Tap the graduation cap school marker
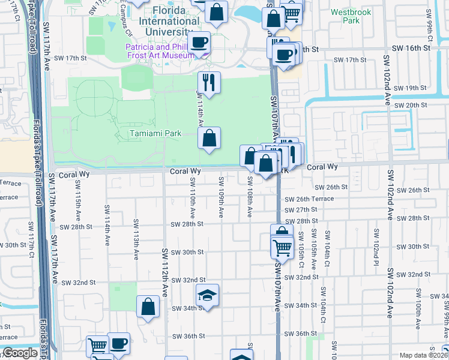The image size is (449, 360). (x=207, y=295)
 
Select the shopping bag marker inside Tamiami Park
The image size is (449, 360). (x=209, y=138)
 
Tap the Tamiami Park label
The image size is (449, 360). (x=155, y=133)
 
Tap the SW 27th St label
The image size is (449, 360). (x=301, y=209)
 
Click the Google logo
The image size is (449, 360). (x=20, y=353)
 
